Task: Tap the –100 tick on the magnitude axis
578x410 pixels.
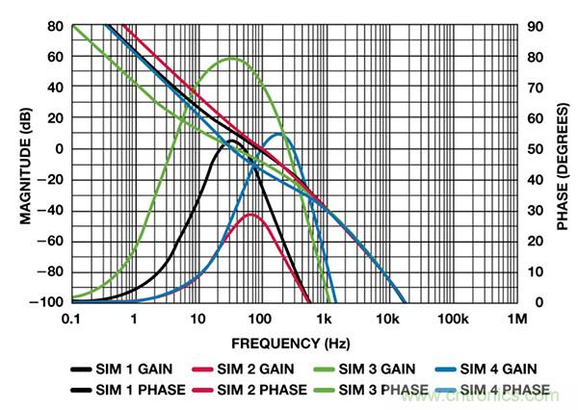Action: click(x=49, y=302)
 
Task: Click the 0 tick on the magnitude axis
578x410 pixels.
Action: click(x=58, y=149)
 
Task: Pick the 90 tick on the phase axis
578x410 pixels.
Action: click(x=536, y=26)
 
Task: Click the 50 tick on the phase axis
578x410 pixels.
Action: click(x=536, y=149)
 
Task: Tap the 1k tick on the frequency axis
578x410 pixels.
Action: click(x=325, y=317)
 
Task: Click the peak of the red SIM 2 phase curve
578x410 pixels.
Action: click(x=252, y=215)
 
